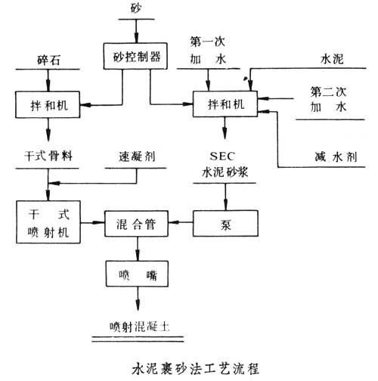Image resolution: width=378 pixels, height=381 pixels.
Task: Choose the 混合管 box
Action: (136, 224)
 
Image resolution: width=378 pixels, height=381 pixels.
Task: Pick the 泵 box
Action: (225, 224)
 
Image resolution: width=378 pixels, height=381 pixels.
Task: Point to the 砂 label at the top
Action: (135, 8)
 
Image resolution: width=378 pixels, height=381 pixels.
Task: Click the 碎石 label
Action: (49, 58)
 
